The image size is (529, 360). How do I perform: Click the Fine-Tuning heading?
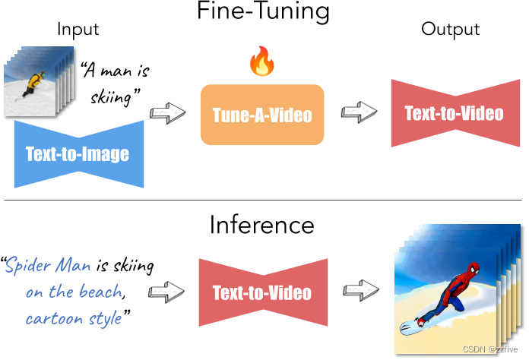click(264, 12)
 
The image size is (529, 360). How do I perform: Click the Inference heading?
click(261, 225)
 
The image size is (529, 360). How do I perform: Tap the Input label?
click(78, 30)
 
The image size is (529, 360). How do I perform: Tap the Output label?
click(450, 30)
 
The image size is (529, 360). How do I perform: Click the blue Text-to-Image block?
click(78, 154)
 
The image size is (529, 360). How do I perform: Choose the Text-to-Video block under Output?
click(454, 113)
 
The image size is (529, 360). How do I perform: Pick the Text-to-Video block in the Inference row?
click(261, 292)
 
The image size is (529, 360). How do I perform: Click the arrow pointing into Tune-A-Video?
click(169, 114)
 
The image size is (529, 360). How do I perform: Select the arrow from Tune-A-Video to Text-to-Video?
click(356, 113)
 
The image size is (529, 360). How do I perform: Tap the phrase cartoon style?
click(73, 318)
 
